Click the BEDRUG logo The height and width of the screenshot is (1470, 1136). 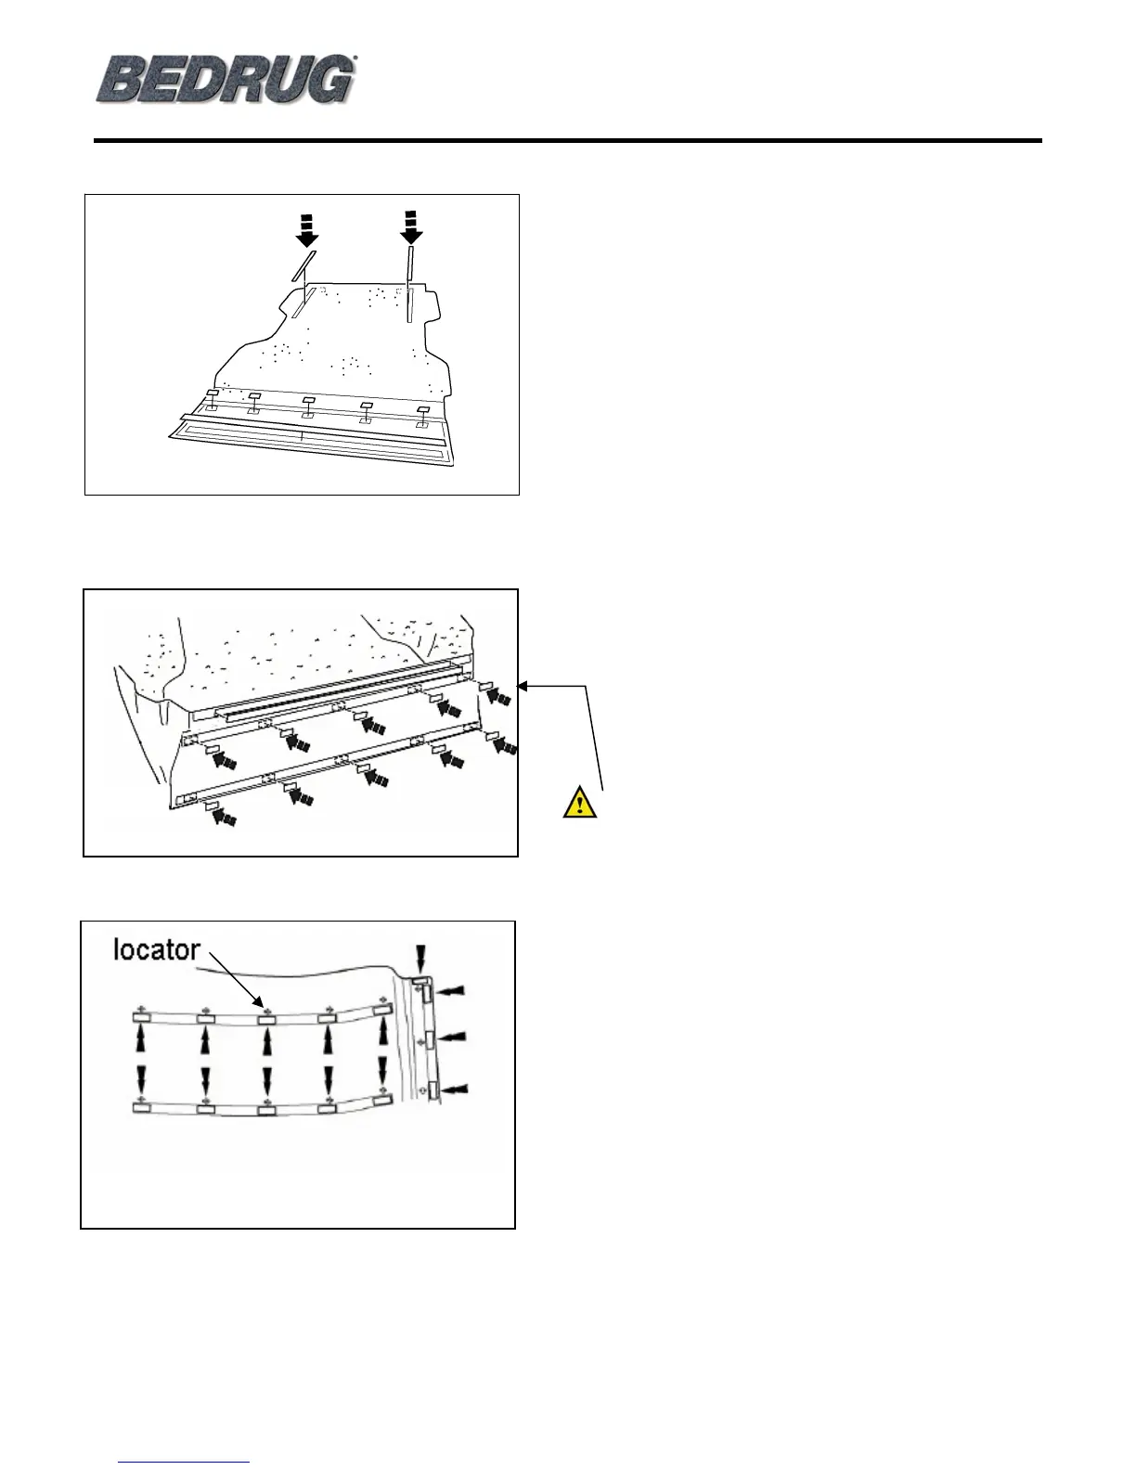226,78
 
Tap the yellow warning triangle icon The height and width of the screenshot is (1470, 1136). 580,801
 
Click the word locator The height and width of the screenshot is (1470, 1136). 156,948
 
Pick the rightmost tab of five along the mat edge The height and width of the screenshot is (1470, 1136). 424,409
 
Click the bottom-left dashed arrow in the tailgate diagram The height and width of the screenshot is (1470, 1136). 223,818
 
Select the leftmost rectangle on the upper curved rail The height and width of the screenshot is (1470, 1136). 142,1019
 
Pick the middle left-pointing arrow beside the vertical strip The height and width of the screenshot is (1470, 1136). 454,1036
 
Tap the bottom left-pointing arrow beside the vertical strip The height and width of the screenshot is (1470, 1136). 455,1087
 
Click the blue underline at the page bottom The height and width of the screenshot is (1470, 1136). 186,1463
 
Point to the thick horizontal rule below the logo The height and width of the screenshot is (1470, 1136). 568,141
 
